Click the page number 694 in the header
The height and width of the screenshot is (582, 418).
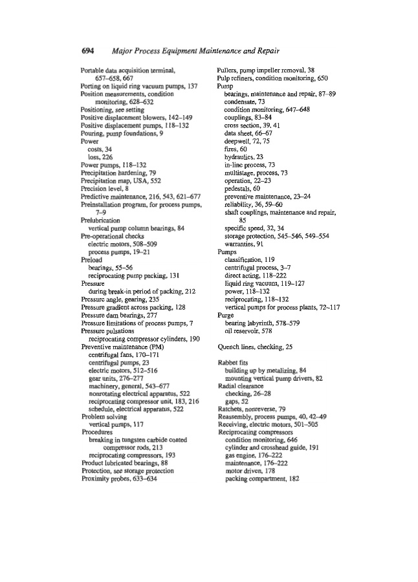tap(90, 51)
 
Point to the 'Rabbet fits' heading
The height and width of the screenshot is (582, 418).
tap(232, 345)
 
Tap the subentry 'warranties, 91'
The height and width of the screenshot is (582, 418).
tap(243, 244)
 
